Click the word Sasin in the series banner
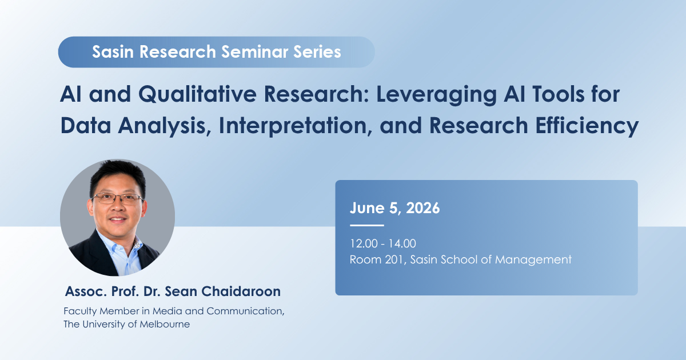click(113, 52)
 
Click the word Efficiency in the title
click(587, 126)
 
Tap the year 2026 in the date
click(422, 208)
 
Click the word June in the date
click(367, 208)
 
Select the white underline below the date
click(367, 225)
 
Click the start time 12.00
click(364, 243)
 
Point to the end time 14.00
click(402, 243)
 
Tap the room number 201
click(396, 259)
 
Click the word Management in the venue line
click(533, 260)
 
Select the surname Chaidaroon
click(241, 291)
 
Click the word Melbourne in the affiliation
click(165, 324)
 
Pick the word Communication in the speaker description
click(245, 311)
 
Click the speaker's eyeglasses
click(117, 199)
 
